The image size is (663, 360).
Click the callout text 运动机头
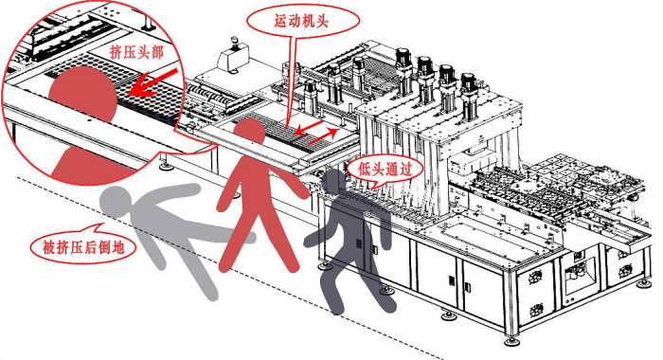click(301, 21)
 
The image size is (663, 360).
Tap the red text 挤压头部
click(136, 52)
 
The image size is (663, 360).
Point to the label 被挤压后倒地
click(83, 246)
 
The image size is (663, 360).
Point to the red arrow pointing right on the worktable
click(324, 135)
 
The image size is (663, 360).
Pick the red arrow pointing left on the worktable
click(311, 127)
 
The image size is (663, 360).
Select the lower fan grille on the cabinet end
click(537, 311)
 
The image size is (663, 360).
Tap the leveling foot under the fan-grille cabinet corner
click(512, 340)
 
